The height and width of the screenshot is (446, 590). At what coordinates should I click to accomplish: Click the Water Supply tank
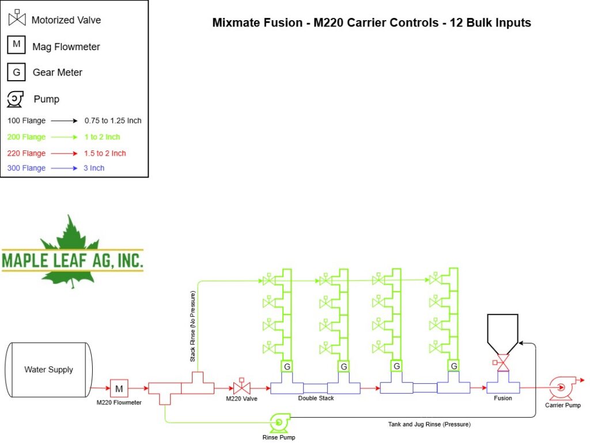48,369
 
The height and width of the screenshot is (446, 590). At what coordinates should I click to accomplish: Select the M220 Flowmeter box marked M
119,388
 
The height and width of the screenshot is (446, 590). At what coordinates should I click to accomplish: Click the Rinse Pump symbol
279,423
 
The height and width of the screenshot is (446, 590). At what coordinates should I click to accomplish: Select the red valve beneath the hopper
502,362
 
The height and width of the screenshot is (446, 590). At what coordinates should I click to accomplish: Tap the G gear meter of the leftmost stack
287,366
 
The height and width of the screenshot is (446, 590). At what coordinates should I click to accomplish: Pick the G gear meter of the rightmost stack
453,366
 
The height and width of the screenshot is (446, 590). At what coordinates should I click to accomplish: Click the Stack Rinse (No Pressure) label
192,326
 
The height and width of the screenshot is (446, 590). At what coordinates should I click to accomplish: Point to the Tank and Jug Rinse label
429,424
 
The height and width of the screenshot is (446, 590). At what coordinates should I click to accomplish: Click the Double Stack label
316,398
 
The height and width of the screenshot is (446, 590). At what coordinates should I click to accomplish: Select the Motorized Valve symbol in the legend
17,18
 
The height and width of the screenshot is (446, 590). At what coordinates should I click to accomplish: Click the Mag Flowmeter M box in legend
16,44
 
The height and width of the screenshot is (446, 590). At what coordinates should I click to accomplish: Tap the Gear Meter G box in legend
16,72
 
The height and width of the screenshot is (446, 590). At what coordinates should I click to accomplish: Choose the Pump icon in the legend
15,99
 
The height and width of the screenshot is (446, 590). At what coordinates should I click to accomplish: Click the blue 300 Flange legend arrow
64,168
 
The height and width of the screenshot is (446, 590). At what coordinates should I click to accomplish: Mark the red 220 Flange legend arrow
64,153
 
